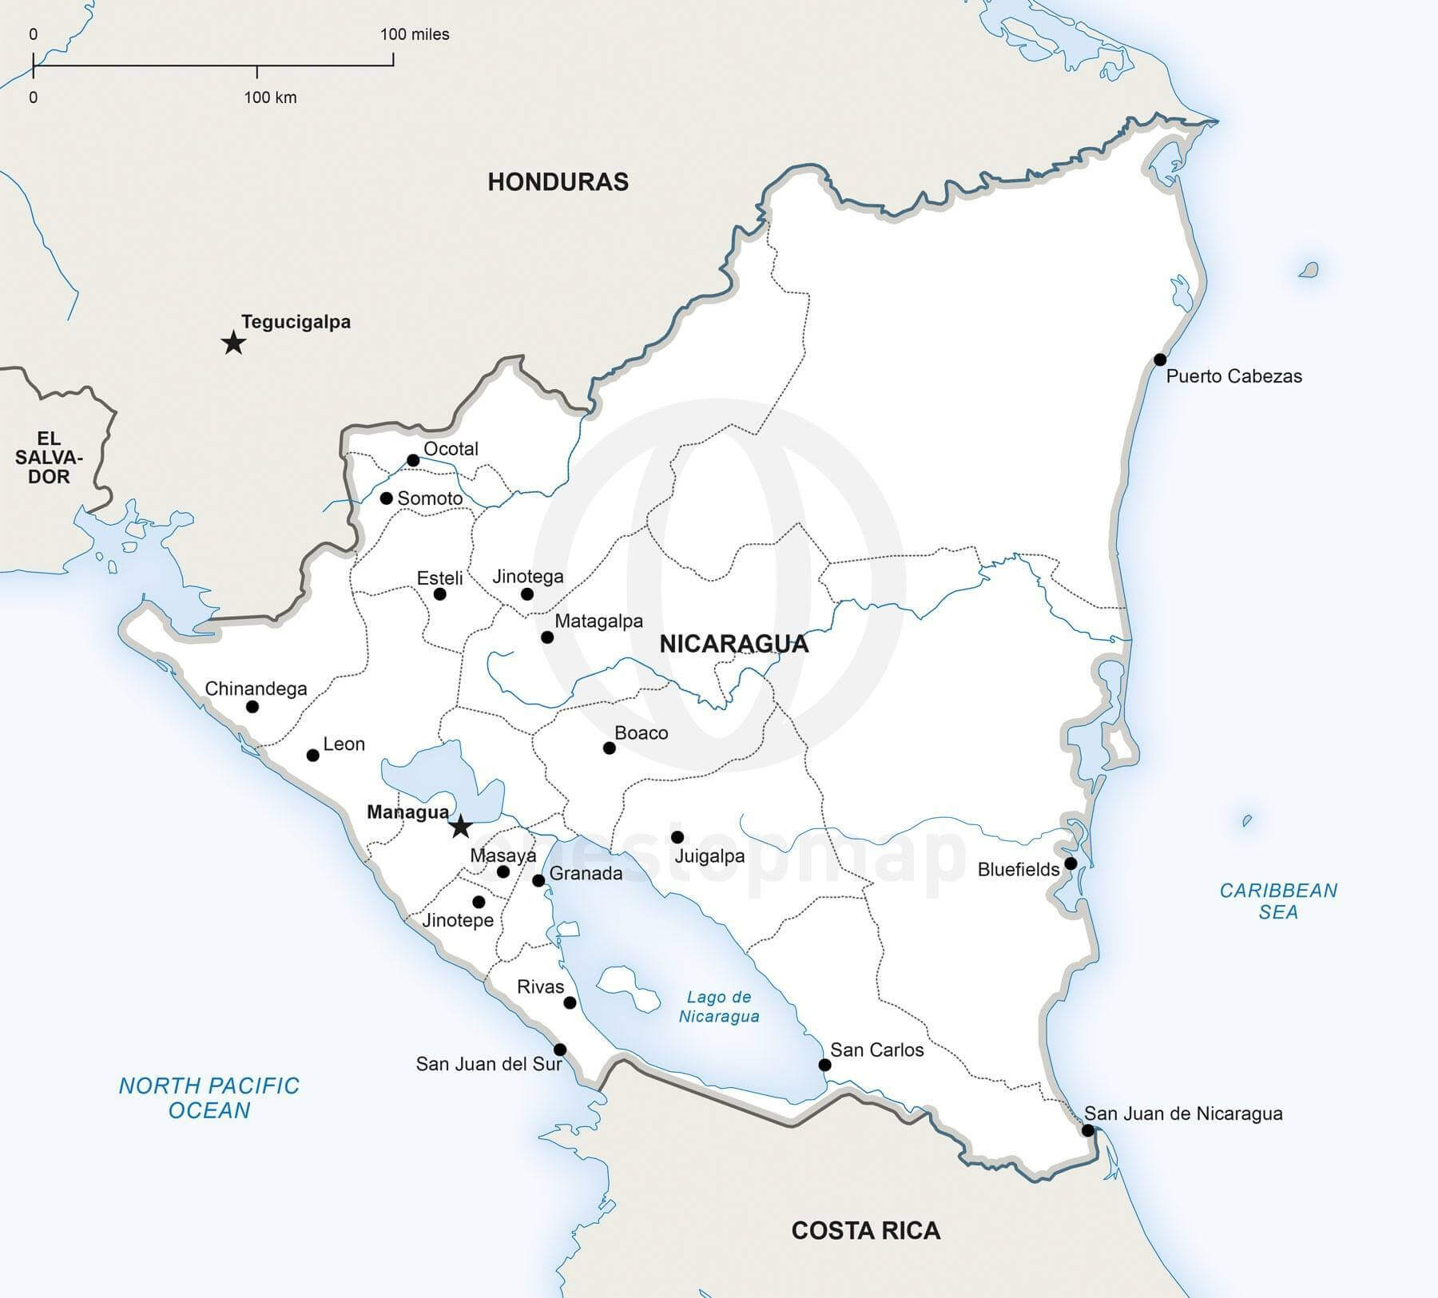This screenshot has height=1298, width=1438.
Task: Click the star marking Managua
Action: click(460, 826)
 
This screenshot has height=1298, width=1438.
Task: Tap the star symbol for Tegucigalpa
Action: click(233, 343)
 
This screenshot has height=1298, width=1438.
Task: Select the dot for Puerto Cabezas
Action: click(1160, 359)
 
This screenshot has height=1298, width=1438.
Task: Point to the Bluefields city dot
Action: click(1071, 863)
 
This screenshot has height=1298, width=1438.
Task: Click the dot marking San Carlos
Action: click(825, 1065)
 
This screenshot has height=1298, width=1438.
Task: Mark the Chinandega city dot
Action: click(252, 706)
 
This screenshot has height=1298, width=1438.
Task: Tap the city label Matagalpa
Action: click(598, 621)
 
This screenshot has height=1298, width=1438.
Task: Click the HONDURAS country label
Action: click(558, 182)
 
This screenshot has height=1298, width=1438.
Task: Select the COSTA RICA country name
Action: click(865, 1230)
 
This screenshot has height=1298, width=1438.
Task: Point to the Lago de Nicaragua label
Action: click(719, 1006)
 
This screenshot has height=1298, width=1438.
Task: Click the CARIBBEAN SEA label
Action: click(1278, 901)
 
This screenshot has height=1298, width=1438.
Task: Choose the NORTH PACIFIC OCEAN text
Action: click(209, 1098)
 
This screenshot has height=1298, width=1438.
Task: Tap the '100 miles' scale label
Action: click(415, 34)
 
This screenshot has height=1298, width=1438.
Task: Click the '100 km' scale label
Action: click(270, 97)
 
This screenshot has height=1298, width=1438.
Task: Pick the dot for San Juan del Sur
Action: click(560, 1050)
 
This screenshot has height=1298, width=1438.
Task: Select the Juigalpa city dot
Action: click(677, 837)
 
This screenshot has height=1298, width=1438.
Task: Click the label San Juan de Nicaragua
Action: click(1183, 1113)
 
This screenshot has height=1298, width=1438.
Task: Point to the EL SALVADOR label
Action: click(49, 457)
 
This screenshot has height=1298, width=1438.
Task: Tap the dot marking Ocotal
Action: click(413, 460)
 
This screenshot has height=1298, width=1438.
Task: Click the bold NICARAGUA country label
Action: click(733, 644)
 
